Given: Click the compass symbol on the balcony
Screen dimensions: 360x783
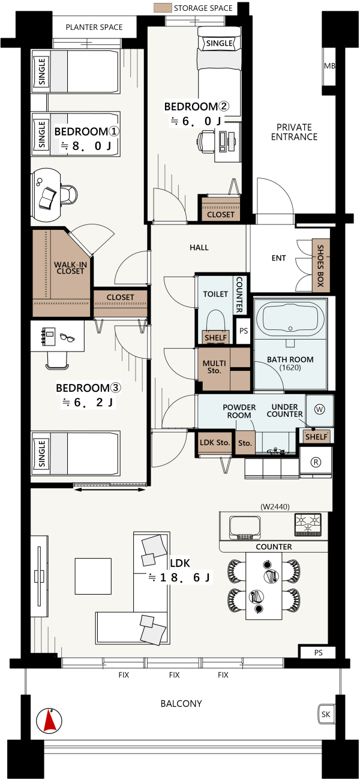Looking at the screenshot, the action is pos(49,721).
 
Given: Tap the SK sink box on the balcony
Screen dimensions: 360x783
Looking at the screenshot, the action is pos(326,714).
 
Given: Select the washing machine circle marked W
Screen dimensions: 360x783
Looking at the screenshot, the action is pos(319,409).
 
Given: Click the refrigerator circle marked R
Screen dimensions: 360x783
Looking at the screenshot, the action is pos(316,462).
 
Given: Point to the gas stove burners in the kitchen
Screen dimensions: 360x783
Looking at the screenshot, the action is pos(308,524).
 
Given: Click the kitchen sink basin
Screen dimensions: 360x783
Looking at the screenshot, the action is pos(245,527).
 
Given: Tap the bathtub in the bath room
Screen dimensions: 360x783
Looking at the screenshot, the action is pos(290,317).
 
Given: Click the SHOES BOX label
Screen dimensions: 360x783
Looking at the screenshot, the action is pos(320,266).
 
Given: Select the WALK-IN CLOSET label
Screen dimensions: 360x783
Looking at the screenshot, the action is pos(70,268).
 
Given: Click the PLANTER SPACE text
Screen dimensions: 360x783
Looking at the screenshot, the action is pos(94,27).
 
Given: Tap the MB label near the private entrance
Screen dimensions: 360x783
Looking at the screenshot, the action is pos(329,66).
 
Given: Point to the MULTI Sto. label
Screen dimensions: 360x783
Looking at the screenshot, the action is pos(214,367).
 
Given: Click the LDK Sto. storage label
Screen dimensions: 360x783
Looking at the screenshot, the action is pos(215,442).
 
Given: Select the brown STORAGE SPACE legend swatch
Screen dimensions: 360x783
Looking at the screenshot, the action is pos(163,8).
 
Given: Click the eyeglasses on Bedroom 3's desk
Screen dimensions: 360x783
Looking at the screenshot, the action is pos(67,337).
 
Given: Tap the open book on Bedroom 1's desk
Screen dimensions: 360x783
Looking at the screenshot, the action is pos(47,199).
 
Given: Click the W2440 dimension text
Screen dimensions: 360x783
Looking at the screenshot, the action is pos(275,506).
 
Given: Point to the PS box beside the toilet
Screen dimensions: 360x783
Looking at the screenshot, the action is pos(244,331).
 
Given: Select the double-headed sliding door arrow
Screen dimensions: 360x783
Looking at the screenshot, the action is pos(110,490).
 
